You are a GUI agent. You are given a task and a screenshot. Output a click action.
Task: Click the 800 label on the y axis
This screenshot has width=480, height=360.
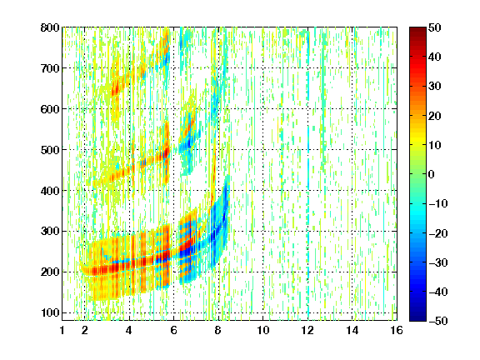(50, 27)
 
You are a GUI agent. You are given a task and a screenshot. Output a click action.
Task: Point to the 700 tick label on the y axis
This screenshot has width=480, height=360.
(50, 68)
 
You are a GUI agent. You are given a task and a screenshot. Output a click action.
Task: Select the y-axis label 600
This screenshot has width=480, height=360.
(50, 109)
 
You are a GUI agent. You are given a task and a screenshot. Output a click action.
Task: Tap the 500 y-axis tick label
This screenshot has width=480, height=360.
(50, 150)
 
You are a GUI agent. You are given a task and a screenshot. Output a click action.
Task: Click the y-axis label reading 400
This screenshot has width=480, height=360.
(50, 191)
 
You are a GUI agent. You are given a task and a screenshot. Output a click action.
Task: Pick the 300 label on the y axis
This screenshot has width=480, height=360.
(50, 231)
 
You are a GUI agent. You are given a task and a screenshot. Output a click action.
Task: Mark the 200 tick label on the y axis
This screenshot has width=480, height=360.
(50, 272)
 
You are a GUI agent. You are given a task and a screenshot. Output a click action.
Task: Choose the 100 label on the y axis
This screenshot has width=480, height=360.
(50, 312)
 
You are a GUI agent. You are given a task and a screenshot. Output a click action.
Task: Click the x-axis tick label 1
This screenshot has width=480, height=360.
(62, 330)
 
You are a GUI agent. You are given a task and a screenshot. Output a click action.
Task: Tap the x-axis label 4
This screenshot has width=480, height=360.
(129, 330)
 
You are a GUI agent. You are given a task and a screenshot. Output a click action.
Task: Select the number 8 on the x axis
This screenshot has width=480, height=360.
(217, 330)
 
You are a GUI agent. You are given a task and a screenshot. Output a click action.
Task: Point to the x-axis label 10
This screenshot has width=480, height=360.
(262, 330)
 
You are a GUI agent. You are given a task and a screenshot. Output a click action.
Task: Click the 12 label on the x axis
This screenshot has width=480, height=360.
(307, 330)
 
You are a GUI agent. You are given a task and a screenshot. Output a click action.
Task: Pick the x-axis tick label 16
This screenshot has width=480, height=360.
(397, 330)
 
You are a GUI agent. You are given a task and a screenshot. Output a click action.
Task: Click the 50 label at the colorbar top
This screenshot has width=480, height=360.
(434, 27)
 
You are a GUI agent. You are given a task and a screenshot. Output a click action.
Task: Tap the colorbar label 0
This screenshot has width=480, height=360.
(432, 174)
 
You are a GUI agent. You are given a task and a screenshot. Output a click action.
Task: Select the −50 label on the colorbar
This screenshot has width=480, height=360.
(438, 321)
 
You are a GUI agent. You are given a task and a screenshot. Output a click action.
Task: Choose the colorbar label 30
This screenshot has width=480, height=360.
(434, 87)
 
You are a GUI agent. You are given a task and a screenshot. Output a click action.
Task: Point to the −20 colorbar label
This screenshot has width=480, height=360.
(438, 233)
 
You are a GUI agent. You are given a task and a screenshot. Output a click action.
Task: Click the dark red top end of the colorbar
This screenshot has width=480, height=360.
(417, 29)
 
